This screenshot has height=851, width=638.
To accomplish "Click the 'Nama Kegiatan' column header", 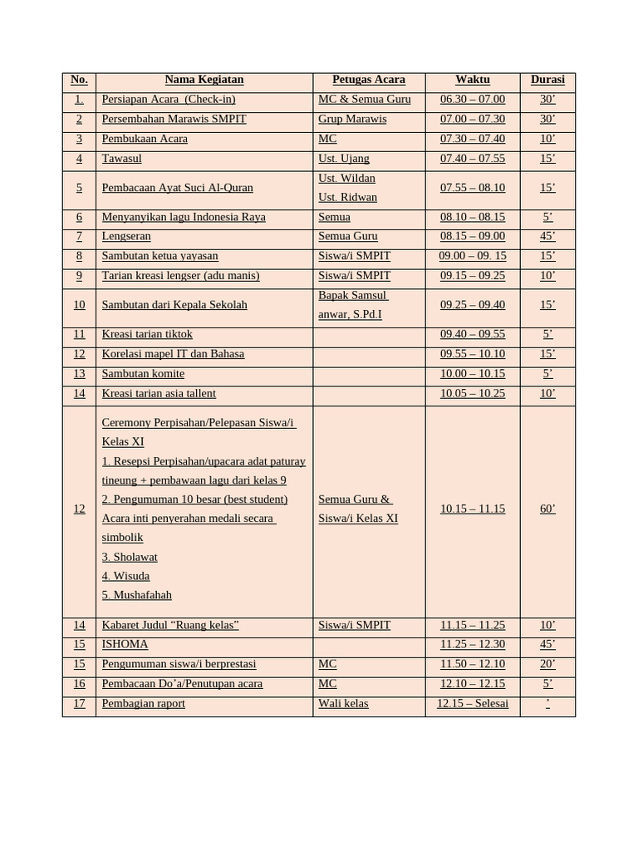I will pos(204,80).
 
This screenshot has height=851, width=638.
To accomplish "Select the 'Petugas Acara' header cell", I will pos(368,80).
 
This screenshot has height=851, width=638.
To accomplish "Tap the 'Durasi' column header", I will pos(547,80).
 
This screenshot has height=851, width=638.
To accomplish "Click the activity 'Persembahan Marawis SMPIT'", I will pos(174,119).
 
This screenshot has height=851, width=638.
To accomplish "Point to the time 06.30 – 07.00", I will pos(472,100).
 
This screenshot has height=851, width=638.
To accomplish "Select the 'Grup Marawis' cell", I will pos(352,119).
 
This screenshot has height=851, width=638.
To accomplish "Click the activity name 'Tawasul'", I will pos(121,159).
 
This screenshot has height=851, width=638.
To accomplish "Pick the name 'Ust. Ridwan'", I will pos(347,198).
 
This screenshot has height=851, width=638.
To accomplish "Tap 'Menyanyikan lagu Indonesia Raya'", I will pos(184,217).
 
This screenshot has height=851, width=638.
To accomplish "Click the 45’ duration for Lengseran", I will pos(547,237).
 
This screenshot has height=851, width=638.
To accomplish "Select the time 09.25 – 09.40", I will pos(472,305).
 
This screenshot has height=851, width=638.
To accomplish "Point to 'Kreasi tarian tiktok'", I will pos(147,334).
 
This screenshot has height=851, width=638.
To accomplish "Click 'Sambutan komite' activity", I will pos(143,374).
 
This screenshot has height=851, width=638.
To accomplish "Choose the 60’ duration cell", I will pos(547,509).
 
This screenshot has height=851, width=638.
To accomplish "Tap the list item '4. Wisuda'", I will pos(125,576).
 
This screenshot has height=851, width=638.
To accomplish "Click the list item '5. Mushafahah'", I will pos(137,595).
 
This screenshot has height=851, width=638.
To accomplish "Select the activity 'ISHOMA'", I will pos(125,644).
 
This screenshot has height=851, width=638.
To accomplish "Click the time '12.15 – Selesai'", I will pos(472,703).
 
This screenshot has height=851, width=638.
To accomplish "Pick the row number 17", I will pos(79,703).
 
